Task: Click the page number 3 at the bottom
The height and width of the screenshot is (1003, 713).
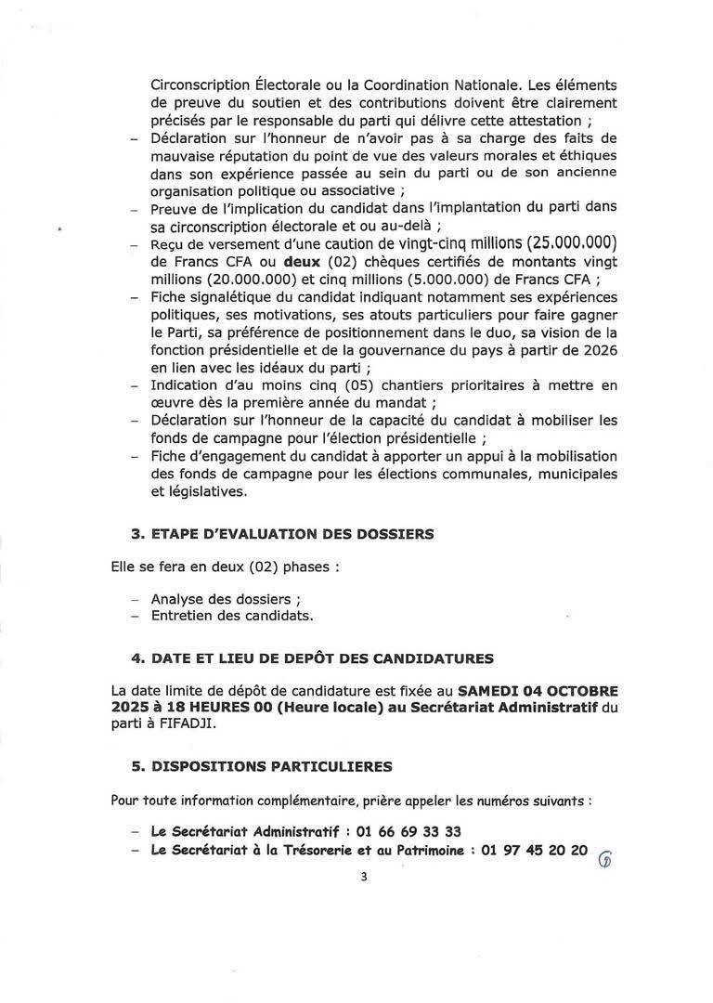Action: [365, 876]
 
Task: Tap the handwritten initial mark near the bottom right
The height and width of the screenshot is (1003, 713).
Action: [606, 858]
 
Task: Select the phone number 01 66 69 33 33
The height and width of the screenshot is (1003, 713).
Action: [406, 831]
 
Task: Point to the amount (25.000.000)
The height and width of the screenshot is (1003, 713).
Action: [552, 245]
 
